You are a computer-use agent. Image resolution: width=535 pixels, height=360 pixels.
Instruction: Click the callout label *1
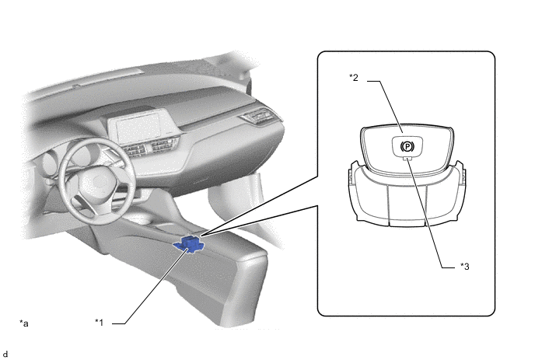(100, 322)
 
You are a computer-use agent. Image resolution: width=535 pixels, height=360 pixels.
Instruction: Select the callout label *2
(354, 78)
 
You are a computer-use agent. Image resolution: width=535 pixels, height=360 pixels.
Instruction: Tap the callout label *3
(465, 266)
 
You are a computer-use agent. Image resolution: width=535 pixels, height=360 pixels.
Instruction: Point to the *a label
(24, 323)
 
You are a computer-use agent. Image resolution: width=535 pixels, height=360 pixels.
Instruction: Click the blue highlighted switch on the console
(190, 244)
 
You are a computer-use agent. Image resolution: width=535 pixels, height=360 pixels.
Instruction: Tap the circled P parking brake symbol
(407, 147)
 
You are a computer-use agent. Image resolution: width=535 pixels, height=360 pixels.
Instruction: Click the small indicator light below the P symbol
(407, 158)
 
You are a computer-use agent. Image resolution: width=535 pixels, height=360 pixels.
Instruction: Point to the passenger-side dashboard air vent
(258, 116)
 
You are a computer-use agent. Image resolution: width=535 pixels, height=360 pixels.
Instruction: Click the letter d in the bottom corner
(5, 355)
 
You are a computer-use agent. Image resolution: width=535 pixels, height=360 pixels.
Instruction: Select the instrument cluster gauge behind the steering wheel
(80, 154)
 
